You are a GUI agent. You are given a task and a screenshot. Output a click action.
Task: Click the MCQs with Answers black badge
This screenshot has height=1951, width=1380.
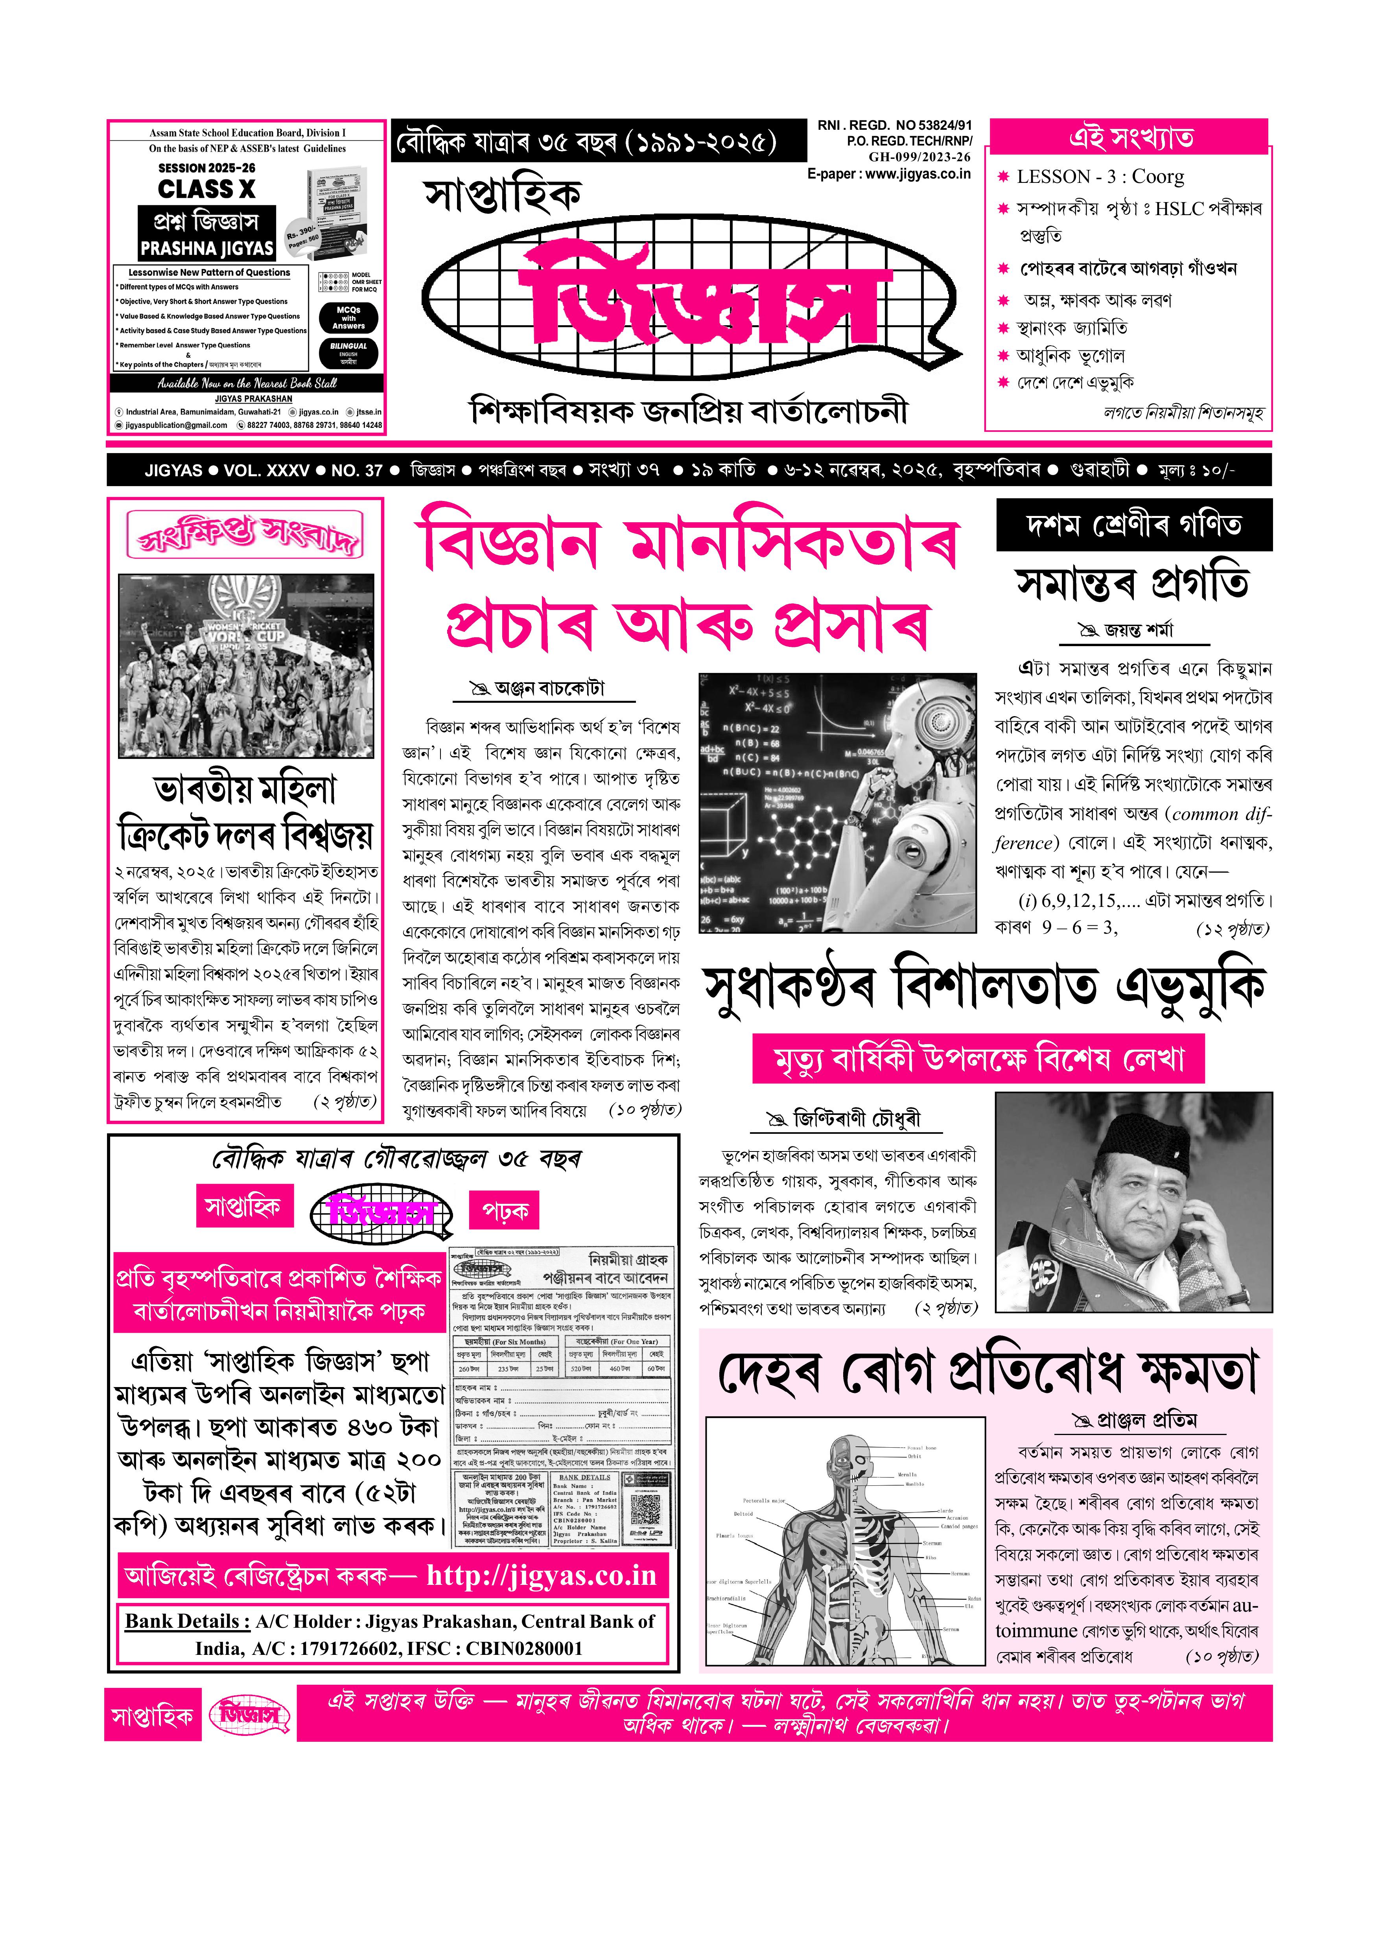[x=348, y=318]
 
